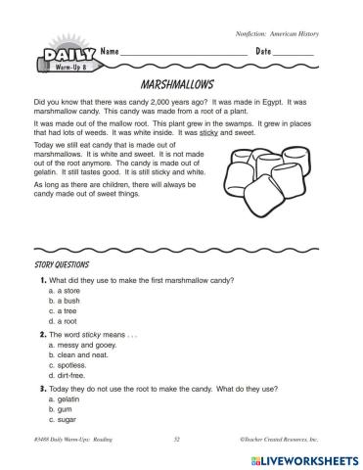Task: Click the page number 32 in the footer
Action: click(176, 441)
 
